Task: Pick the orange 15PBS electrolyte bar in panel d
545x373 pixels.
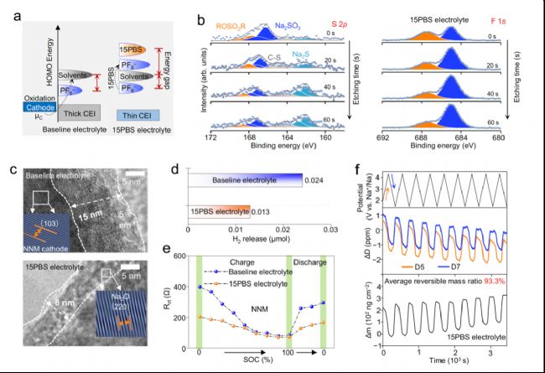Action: click(x=220, y=210)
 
